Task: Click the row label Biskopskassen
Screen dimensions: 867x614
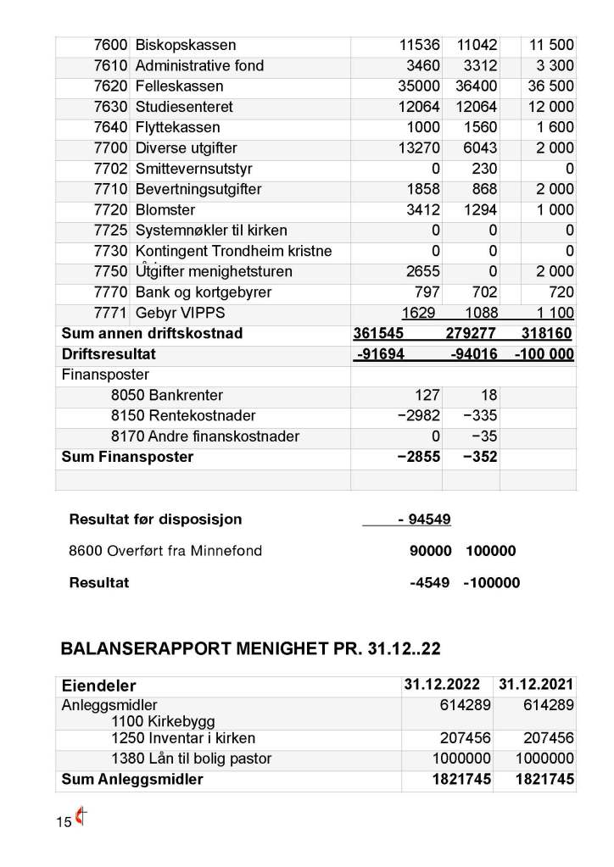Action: (x=186, y=45)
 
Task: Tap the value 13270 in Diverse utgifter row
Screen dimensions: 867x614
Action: (x=419, y=148)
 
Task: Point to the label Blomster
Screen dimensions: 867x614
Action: (x=165, y=209)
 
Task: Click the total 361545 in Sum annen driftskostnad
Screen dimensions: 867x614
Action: (x=381, y=333)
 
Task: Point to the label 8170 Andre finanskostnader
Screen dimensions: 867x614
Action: (x=204, y=436)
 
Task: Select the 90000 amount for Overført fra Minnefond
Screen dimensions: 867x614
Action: (x=430, y=551)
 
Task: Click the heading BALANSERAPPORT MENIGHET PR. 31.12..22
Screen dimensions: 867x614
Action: (x=250, y=649)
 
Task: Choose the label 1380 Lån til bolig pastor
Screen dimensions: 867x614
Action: (x=191, y=759)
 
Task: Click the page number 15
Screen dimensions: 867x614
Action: (x=64, y=822)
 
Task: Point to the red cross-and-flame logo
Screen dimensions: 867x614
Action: (x=81, y=818)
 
